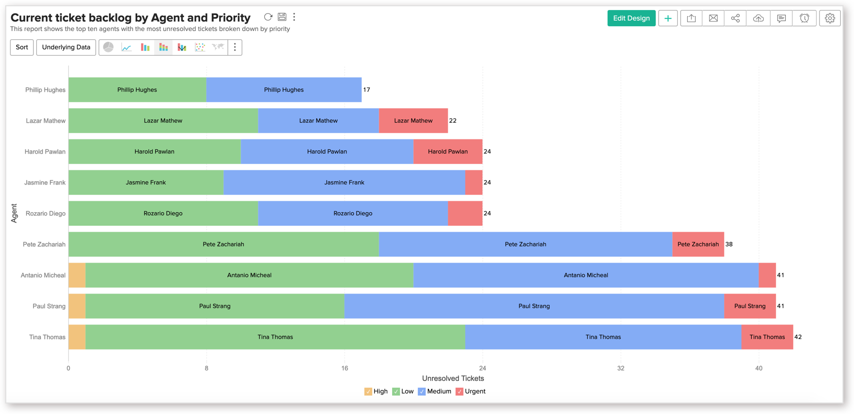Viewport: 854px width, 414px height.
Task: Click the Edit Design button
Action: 631,18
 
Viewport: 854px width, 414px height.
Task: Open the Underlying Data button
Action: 66,47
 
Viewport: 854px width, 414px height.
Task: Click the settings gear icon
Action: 829,18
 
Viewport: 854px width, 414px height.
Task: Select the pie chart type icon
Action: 109,47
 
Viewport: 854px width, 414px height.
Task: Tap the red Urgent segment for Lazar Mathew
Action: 413,121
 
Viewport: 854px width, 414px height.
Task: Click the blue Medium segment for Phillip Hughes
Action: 284,90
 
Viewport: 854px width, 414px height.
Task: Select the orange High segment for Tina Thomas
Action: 77,337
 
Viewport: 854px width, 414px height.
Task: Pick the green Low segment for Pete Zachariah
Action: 223,244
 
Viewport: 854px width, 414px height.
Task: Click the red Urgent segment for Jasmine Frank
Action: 473,182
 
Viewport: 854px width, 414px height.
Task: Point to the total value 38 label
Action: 729,244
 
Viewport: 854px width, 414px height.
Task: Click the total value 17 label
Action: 366,90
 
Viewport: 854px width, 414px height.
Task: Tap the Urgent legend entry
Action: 471,391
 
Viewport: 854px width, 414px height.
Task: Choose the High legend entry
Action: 376,391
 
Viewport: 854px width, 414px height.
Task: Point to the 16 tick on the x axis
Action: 344,368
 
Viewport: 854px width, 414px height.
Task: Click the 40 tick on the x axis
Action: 759,368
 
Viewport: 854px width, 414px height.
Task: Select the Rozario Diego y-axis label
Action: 46,213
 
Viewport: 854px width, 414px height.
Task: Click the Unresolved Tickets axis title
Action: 453,378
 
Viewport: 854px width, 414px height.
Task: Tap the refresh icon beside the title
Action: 268,17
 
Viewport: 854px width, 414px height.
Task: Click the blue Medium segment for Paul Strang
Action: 534,306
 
